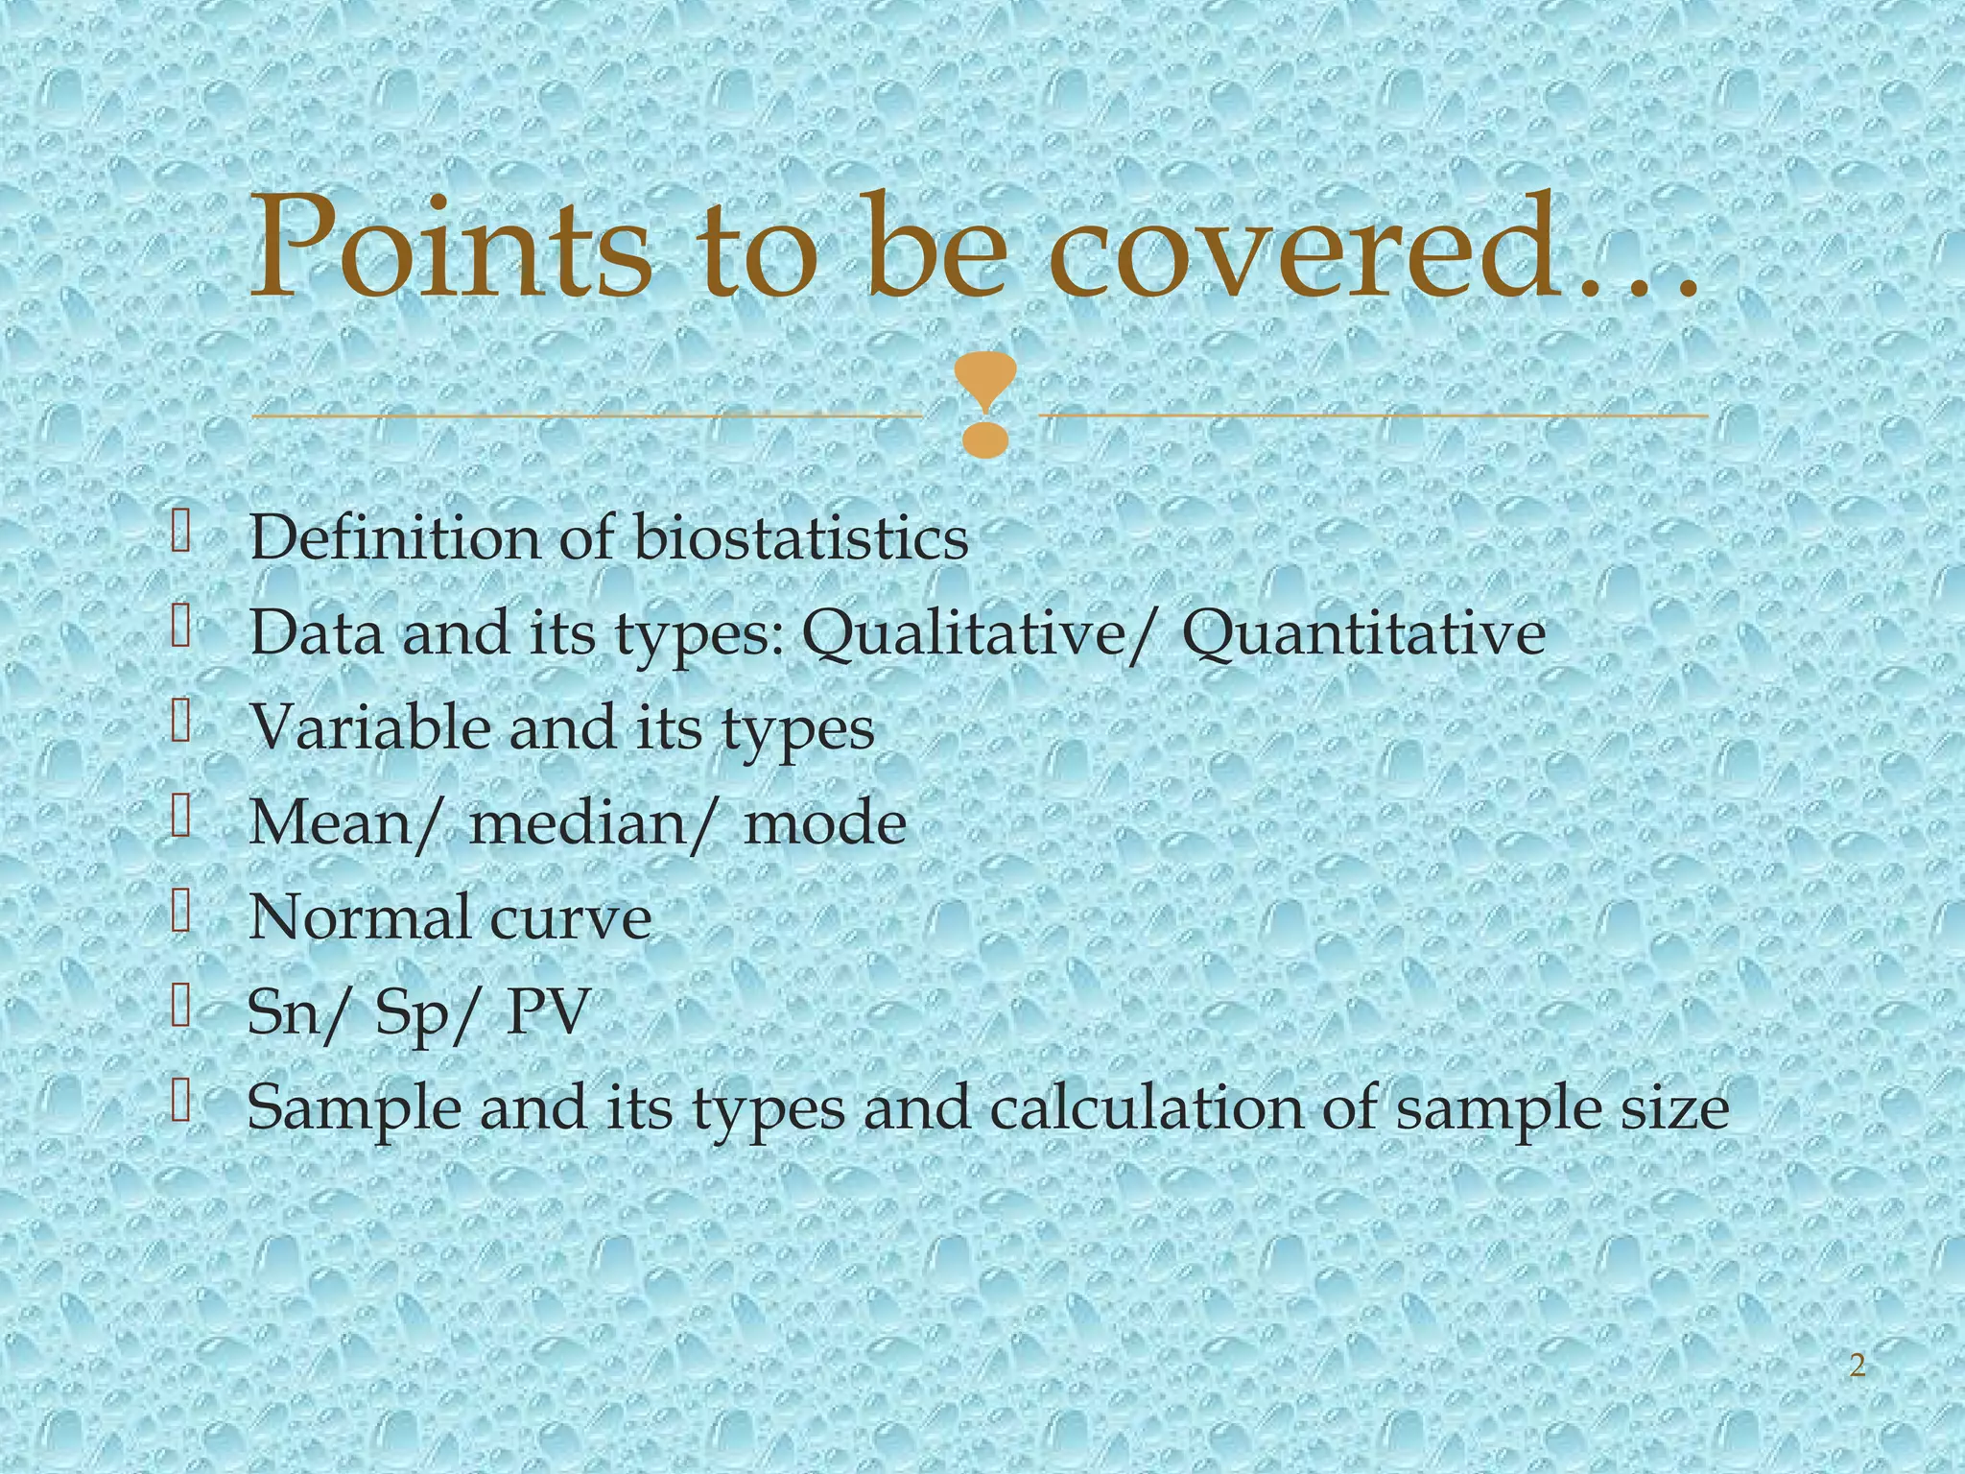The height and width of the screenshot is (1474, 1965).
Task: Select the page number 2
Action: (1858, 1366)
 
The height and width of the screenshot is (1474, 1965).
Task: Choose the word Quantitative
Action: (1362, 633)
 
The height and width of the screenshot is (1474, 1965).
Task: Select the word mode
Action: (825, 822)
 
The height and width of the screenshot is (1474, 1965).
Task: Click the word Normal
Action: (359, 916)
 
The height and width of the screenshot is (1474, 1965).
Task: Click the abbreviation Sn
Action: (284, 1011)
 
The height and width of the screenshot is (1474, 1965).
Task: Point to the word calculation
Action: (1147, 1107)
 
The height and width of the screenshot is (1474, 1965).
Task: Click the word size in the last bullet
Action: (1673, 1107)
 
